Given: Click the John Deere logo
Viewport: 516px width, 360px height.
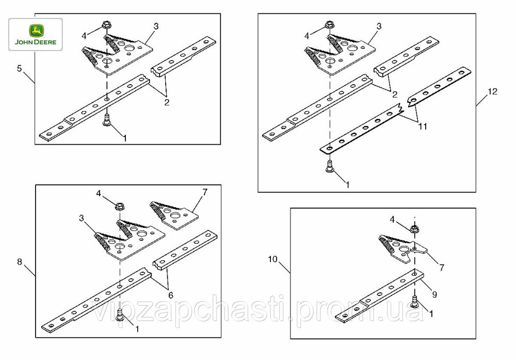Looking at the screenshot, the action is click(x=36, y=34).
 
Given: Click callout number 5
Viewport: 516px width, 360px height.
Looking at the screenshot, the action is click(x=20, y=68).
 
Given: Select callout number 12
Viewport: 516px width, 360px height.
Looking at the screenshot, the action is click(x=492, y=91).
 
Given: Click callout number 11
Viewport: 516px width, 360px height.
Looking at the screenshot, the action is click(x=423, y=126).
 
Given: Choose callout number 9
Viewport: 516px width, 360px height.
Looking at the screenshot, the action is click(x=434, y=294).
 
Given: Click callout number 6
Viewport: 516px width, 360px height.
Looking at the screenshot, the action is click(x=170, y=295).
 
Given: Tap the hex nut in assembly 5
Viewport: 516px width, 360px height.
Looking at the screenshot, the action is click(x=106, y=24).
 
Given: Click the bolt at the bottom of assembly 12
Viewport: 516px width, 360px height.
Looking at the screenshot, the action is click(x=329, y=166).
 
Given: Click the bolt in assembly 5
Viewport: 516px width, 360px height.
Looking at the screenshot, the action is click(x=107, y=119).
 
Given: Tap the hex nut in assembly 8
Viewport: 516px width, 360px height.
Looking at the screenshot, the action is click(x=119, y=207).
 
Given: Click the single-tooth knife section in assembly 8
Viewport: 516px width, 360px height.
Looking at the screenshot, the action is click(x=174, y=214).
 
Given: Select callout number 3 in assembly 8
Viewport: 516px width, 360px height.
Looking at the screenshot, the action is click(x=82, y=218).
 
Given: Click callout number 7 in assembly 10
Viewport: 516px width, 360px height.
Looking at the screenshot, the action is click(x=441, y=267).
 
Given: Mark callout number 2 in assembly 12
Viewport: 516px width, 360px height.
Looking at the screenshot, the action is click(x=395, y=94).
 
